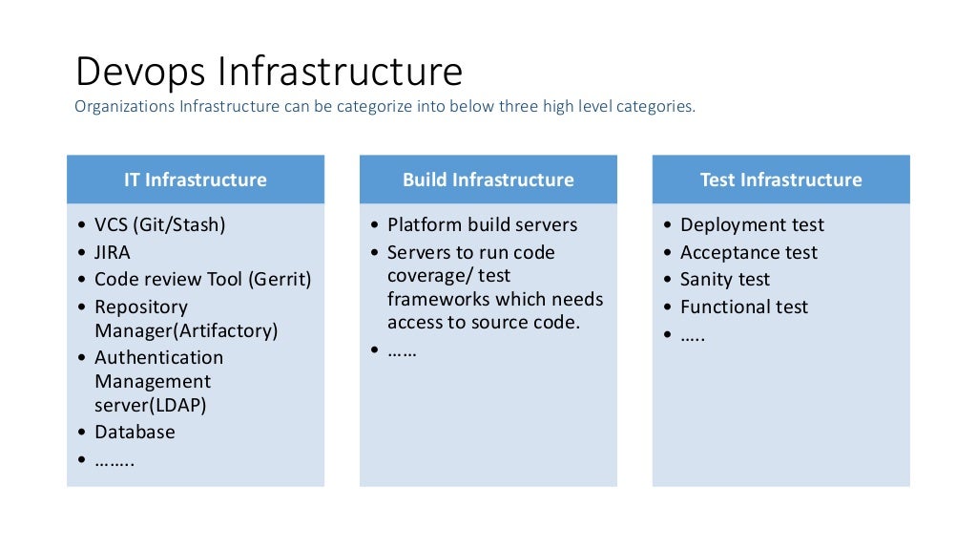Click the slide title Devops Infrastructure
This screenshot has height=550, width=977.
coord(268,73)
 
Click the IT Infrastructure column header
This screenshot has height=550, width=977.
coord(195,180)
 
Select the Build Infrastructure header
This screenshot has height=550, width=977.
coord(488,180)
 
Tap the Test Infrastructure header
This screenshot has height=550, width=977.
coord(780,180)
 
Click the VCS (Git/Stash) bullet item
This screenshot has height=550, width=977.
coord(159,225)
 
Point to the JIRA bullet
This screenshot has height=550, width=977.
coord(113,253)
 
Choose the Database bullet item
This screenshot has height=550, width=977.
coord(135,432)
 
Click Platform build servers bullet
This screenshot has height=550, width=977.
coord(482,225)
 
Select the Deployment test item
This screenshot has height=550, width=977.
coord(752,225)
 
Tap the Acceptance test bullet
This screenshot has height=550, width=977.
coord(748,253)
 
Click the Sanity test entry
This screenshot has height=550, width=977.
coord(724,280)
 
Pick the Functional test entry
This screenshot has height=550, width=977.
coord(743,307)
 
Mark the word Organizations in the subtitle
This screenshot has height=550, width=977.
coord(124,107)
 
